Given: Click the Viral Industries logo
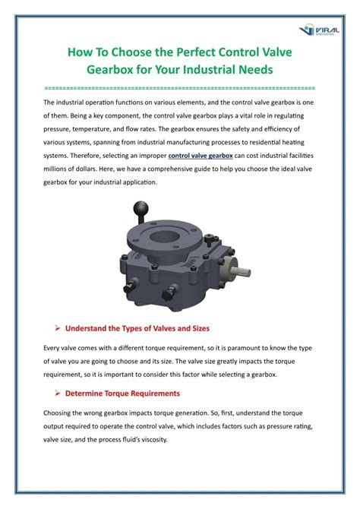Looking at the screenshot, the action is point(319,30).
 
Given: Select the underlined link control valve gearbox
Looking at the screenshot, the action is point(201,156).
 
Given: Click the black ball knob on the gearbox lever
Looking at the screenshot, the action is point(141,207).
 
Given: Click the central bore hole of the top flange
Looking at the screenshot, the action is point(165,236).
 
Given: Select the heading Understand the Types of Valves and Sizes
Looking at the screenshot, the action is point(137,328).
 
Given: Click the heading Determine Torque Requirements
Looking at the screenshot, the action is point(122,393).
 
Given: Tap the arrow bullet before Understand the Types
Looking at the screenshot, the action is point(58,328).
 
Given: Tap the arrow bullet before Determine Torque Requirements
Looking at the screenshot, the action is point(58,393).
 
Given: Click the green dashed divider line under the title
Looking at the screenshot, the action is point(179,88).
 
